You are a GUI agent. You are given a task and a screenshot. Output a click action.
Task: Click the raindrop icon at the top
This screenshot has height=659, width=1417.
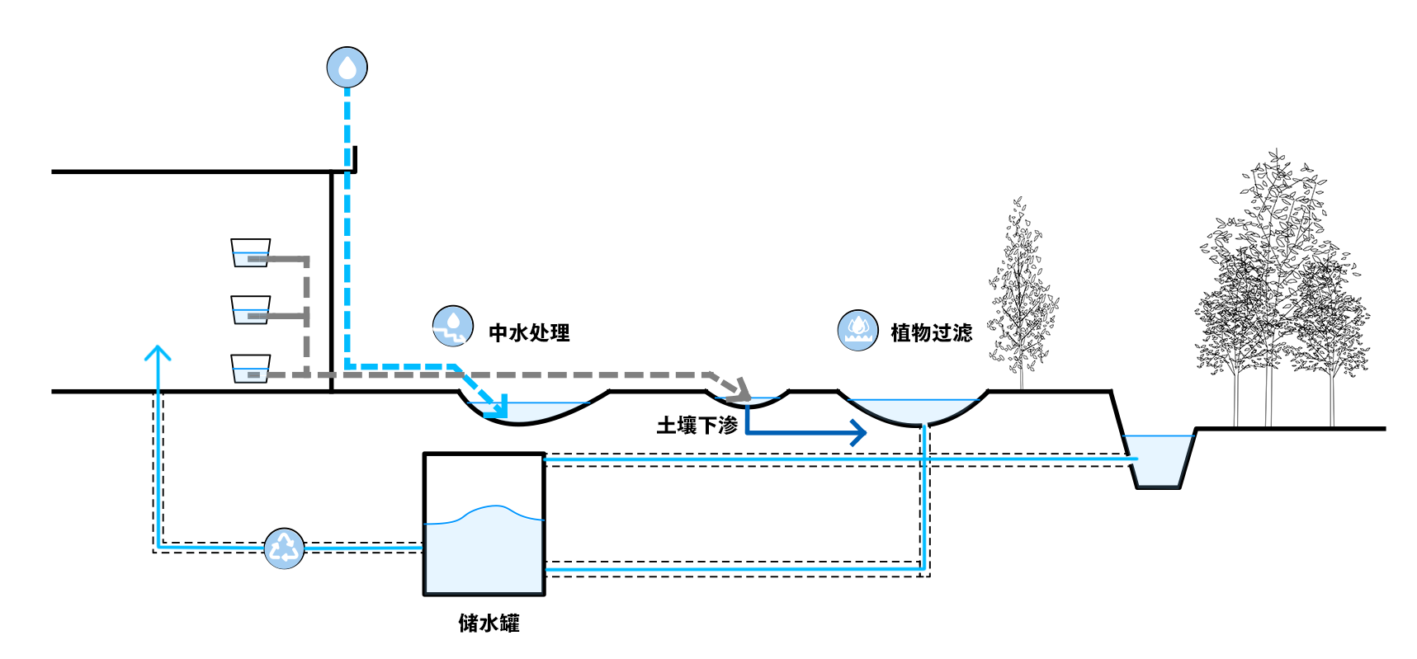(347, 68)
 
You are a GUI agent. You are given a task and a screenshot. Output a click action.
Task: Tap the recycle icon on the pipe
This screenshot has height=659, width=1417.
(284, 548)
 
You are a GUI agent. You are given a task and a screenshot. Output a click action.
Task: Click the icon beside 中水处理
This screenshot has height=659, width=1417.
(452, 326)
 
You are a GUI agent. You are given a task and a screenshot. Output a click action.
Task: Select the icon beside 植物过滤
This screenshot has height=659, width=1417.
(857, 331)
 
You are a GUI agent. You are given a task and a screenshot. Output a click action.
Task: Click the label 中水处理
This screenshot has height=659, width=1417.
(529, 332)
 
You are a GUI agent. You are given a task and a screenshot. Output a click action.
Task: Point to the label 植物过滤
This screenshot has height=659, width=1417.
(931, 332)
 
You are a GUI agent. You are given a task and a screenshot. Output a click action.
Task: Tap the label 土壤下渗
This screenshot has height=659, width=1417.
(697, 426)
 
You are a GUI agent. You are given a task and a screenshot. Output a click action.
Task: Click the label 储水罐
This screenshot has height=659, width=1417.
(489, 623)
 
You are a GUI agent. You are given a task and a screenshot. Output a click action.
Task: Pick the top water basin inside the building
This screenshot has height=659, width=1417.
(250, 253)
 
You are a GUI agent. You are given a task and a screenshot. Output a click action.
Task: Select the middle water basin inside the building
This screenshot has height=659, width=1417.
(250, 310)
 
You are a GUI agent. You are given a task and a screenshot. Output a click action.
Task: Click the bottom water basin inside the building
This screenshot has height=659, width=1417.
(250, 369)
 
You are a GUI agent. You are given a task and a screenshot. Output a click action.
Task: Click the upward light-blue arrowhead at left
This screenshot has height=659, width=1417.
(158, 354)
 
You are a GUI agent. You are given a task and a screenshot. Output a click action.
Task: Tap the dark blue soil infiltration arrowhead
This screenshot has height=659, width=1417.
(858, 431)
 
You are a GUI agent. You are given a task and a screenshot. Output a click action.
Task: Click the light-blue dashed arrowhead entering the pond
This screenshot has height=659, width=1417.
(497, 405)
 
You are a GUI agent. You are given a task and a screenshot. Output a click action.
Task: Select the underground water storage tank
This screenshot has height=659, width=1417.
(484, 525)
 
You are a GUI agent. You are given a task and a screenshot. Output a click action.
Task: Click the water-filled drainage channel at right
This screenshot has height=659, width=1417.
(1160, 460)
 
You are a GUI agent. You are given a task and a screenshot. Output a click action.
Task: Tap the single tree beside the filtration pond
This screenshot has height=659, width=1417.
(1021, 297)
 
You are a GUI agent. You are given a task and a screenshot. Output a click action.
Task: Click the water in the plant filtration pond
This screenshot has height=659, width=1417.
(914, 411)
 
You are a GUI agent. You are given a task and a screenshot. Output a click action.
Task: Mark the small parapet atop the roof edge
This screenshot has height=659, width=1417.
(355, 159)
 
